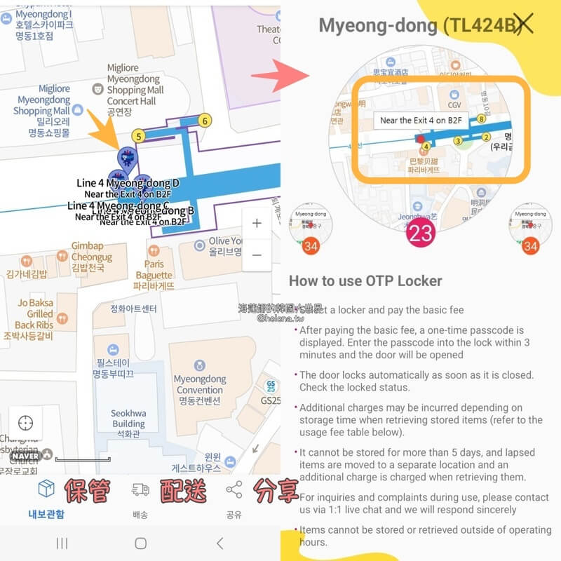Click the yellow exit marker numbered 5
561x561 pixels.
(139, 136)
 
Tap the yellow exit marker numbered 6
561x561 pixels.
(205, 121)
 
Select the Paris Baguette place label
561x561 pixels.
(154, 269)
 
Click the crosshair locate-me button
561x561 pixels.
(26, 424)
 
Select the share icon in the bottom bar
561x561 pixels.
(234, 490)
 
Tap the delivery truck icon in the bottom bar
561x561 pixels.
(140, 490)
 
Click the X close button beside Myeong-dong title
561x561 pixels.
(523, 25)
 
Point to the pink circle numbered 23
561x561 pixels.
(421, 234)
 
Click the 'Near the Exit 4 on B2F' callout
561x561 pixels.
(420, 120)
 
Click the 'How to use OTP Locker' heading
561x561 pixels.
(365, 281)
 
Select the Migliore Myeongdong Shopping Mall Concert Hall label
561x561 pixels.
(133, 90)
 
